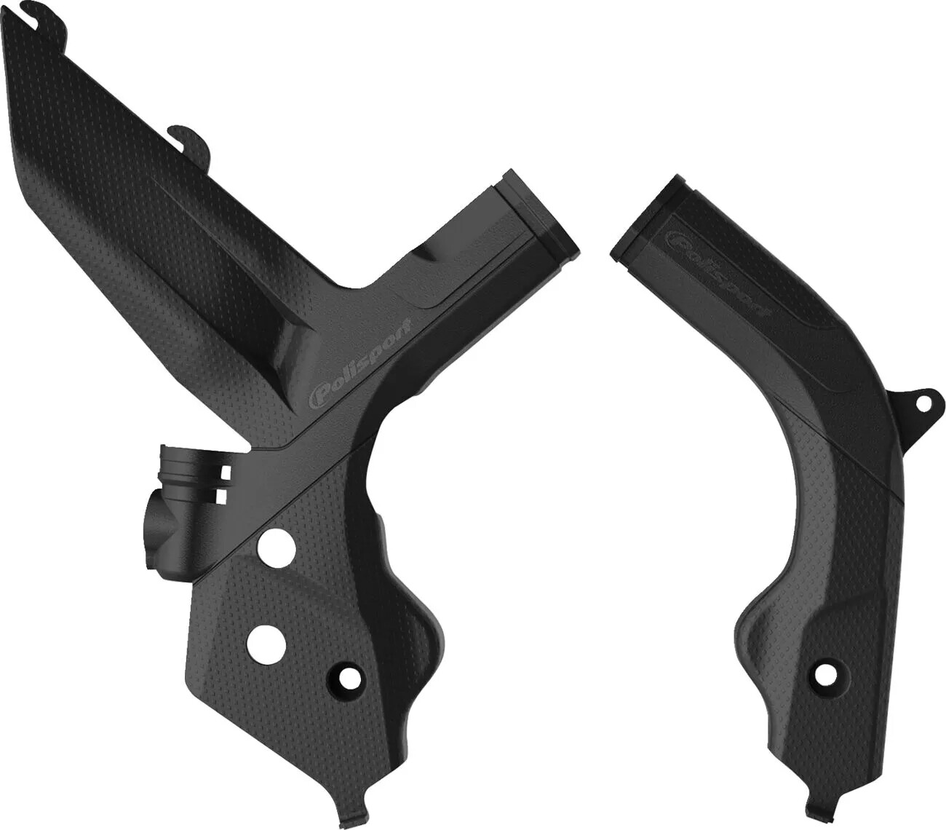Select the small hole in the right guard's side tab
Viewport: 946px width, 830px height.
[923, 402]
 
